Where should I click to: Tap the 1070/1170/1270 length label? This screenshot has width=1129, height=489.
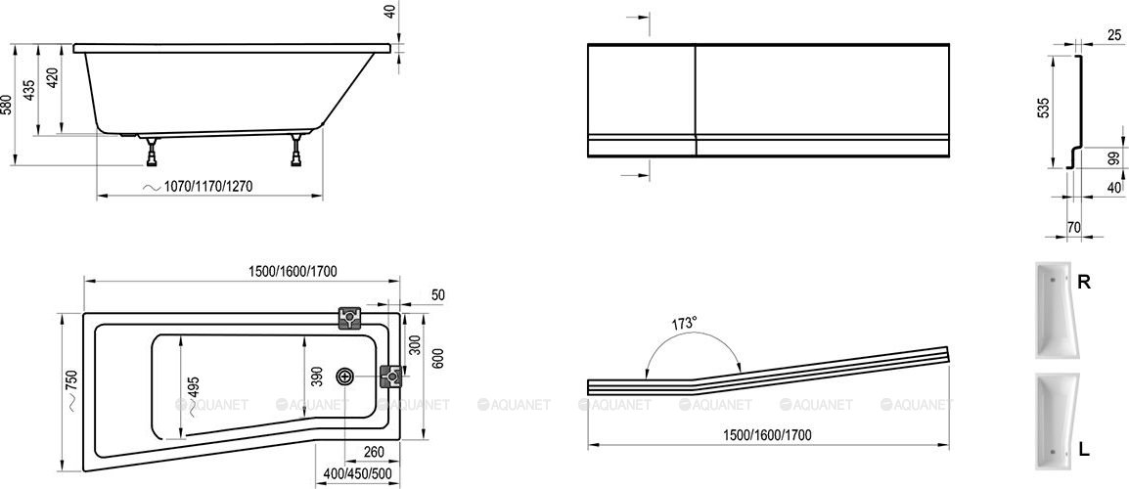click(207, 186)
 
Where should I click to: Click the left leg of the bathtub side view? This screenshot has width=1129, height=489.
click(153, 151)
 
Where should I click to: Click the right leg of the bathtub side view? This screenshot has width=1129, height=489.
click(296, 151)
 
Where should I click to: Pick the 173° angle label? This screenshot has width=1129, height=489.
click(686, 323)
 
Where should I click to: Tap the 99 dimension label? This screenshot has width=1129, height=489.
click(1114, 157)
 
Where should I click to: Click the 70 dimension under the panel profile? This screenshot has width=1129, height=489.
click(1073, 228)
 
